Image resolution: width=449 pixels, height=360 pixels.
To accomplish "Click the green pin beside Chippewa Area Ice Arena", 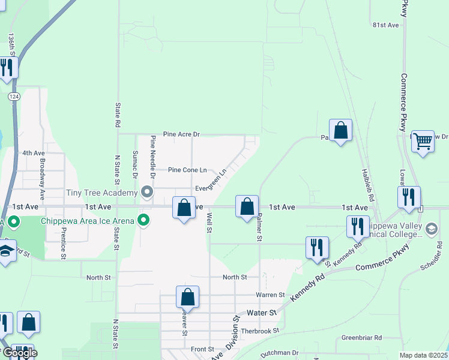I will [x=143, y=220].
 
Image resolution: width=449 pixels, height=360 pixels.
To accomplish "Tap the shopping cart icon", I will [x=423, y=141].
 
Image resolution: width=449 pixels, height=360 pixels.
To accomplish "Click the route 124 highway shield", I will [x=14, y=96].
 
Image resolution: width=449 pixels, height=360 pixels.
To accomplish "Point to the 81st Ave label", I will [x=385, y=25].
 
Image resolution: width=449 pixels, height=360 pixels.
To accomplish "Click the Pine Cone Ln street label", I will [x=187, y=170].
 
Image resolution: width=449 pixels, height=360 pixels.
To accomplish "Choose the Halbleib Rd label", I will [x=368, y=184].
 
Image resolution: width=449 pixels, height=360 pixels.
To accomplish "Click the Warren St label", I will [x=270, y=295].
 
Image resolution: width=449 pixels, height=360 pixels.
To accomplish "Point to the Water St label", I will [x=262, y=313].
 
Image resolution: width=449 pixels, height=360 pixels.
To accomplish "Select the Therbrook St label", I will [x=260, y=331].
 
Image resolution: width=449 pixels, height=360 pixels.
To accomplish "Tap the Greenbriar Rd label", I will [x=362, y=338].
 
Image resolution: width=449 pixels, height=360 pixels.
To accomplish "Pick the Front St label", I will [x=202, y=349].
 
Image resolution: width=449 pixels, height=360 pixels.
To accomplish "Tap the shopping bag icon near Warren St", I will [x=187, y=296].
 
